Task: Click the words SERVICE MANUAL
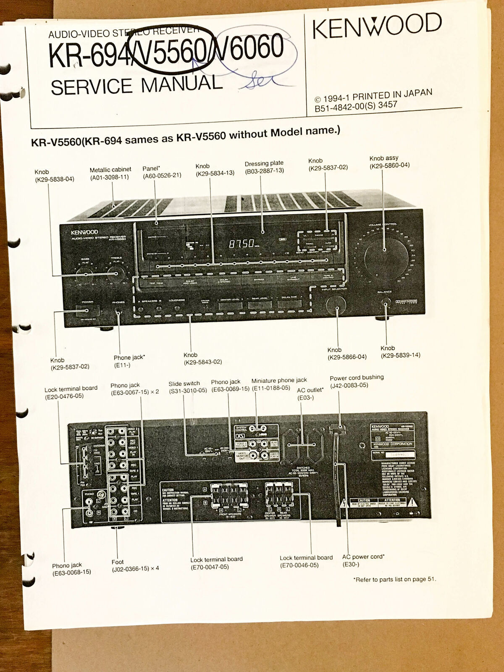pyautogui.click(x=136, y=85)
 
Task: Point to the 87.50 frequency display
pyautogui.click(x=241, y=243)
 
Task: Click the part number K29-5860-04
pyautogui.click(x=389, y=165)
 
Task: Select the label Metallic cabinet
pyautogui.click(x=110, y=170)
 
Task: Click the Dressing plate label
pyautogui.click(x=264, y=163)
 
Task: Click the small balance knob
pyautogui.click(x=385, y=305)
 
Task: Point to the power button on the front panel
pyautogui.click(x=87, y=311)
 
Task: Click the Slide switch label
pyautogui.click(x=184, y=383)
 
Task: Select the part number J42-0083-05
pyautogui.click(x=349, y=385)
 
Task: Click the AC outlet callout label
pyautogui.click(x=310, y=390)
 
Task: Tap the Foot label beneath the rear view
pyautogui.click(x=118, y=562)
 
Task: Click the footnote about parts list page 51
pyautogui.click(x=395, y=579)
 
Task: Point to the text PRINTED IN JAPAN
pyautogui.click(x=392, y=95)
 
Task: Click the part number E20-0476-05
pyautogui.click(x=64, y=396)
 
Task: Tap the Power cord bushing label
pyautogui.click(x=357, y=378)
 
